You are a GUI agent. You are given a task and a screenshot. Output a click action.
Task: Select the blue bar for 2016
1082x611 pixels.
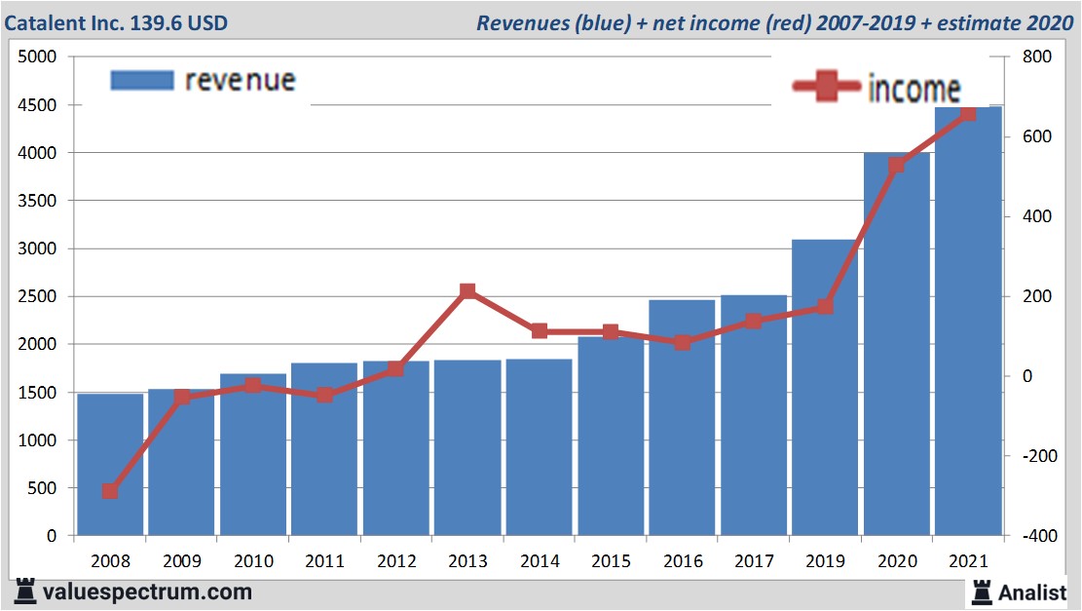coord(682,418)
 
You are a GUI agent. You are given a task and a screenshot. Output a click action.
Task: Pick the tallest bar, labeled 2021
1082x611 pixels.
coord(968,322)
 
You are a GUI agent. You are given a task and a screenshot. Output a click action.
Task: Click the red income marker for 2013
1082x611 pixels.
coord(467,291)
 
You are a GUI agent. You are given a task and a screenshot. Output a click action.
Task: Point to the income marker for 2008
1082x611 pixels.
coord(110,491)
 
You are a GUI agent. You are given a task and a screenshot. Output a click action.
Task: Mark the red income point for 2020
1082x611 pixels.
coord(896,166)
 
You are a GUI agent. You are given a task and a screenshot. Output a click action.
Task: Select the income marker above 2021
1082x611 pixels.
coord(968,115)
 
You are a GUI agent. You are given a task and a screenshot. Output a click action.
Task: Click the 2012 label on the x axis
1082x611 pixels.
coord(396,562)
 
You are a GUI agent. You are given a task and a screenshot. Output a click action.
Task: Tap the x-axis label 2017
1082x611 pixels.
coord(753,562)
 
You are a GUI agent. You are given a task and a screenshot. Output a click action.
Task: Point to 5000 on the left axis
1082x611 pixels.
coord(39,57)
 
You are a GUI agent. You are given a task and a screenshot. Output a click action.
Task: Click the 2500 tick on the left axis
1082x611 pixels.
coord(39,296)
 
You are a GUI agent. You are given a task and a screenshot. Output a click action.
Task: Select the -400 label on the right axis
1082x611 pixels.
coord(1034,536)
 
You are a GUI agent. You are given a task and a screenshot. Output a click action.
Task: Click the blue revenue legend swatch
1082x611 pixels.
coord(142,80)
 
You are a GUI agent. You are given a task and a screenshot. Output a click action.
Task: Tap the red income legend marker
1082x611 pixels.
coord(827,88)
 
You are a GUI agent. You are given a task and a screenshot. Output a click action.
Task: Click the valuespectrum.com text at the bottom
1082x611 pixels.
coord(147,592)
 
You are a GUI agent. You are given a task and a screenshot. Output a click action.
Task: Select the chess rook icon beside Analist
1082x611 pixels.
coord(981,591)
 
